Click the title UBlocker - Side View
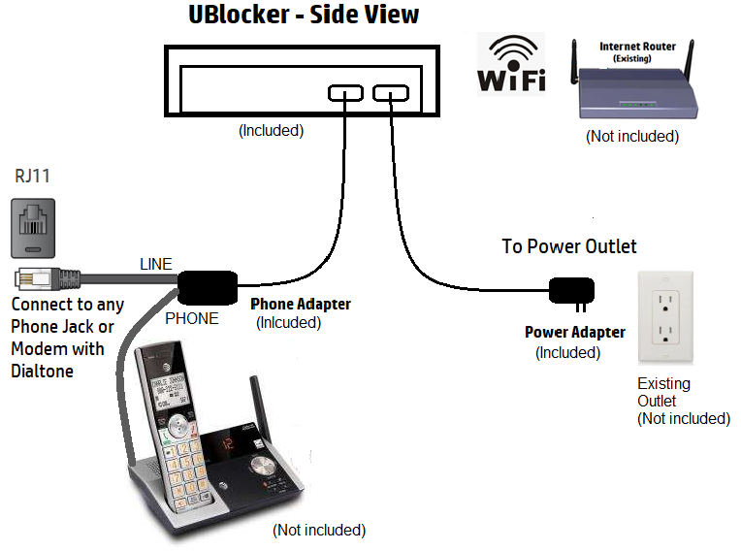point(305,16)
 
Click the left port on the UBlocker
point(345,93)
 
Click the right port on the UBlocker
point(391,93)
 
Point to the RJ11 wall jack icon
point(34,226)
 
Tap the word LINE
point(155,264)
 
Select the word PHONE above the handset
point(192,318)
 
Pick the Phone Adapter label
point(301,305)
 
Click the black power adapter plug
point(572,290)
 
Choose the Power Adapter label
point(575,333)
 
